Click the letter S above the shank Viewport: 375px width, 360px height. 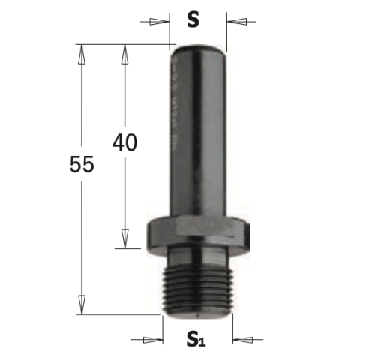point(193,21)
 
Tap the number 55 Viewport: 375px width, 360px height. point(83,164)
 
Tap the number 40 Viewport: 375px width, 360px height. point(125,142)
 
